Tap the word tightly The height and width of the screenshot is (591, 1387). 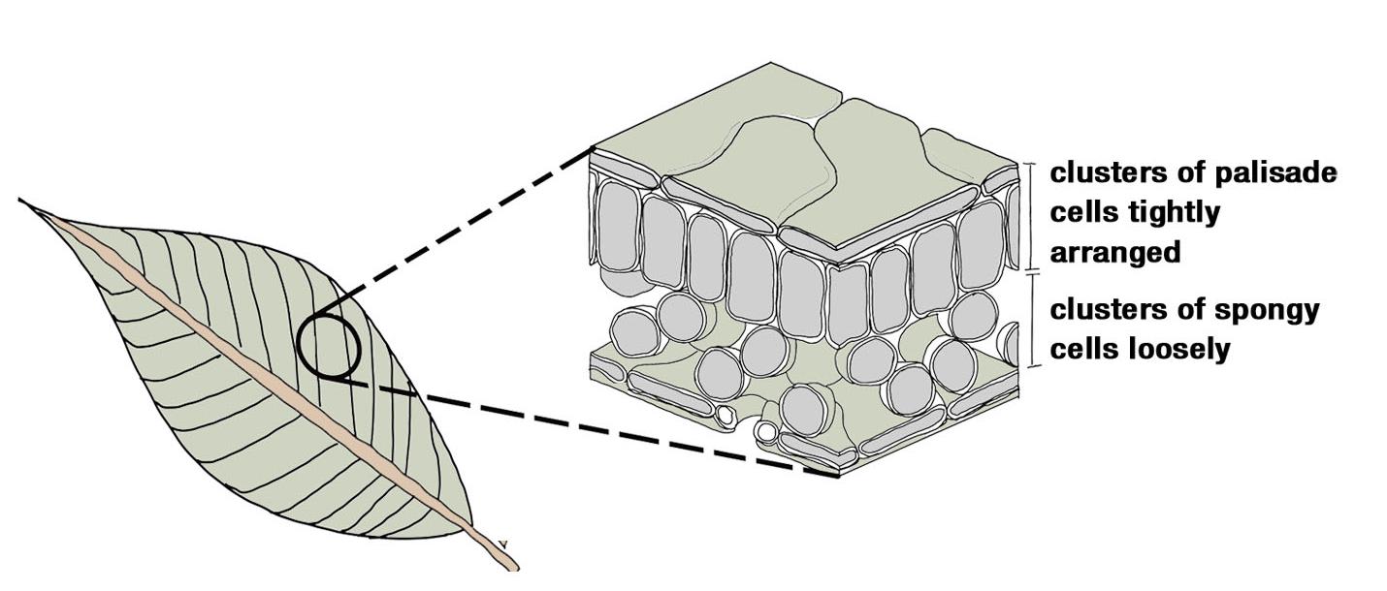coord(1170,213)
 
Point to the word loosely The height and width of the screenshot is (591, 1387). coord(1181,349)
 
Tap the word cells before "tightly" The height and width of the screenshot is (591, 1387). coord(1082,213)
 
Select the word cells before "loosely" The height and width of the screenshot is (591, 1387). coord(1082,349)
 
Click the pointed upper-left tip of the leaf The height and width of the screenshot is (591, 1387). coord(21,201)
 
